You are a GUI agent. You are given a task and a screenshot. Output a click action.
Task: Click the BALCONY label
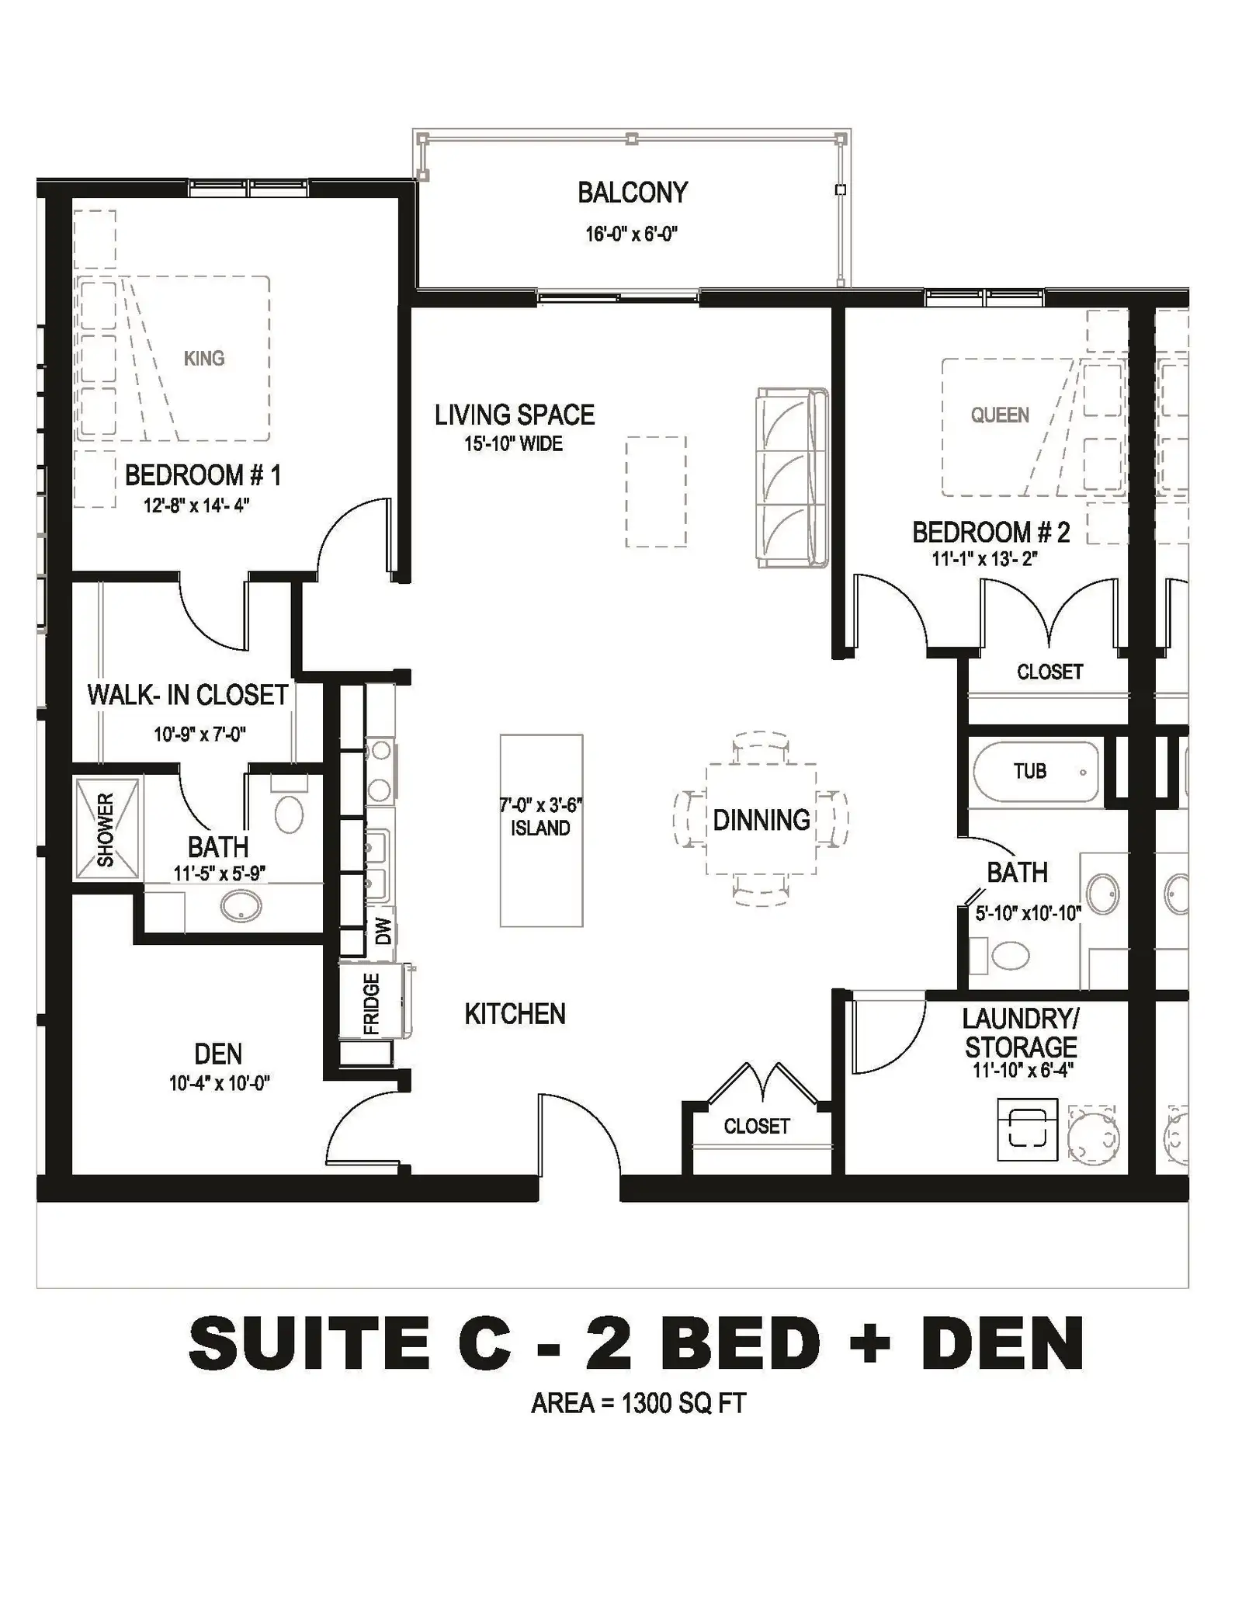coord(633,193)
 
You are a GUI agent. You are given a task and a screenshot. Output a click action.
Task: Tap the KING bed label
coord(204,358)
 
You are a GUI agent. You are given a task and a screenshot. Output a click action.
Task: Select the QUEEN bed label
coord(1000,415)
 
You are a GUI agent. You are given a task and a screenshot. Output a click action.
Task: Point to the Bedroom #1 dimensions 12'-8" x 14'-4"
coord(196,505)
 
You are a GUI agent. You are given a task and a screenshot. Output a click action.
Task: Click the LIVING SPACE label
coord(515,415)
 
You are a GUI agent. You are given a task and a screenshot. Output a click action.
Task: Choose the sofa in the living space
coord(793,478)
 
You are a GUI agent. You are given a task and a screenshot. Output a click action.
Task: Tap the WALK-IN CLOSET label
coord(188,695)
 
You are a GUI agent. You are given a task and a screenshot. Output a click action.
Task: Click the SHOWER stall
coord(106,829)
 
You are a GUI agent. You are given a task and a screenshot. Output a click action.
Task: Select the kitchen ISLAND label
coord(540,828)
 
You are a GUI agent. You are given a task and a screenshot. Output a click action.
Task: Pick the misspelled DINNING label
coord(762,820)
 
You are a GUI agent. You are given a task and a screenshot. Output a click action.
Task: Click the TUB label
coord(1030,771)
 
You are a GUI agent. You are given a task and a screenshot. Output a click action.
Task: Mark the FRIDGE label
coord(372,1004)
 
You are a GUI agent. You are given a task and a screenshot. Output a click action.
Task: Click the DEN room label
coord(218,1054)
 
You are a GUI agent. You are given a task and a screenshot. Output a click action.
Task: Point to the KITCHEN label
coord(515,1014)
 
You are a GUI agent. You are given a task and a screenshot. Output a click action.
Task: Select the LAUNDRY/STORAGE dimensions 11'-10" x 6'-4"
coord(1023,1070)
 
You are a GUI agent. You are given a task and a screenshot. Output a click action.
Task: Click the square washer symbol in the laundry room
coord(1027,1130)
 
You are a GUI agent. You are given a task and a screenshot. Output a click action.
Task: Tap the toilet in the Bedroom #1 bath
coord(289,806)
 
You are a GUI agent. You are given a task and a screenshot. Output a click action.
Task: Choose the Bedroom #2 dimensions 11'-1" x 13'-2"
coord(985,558)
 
